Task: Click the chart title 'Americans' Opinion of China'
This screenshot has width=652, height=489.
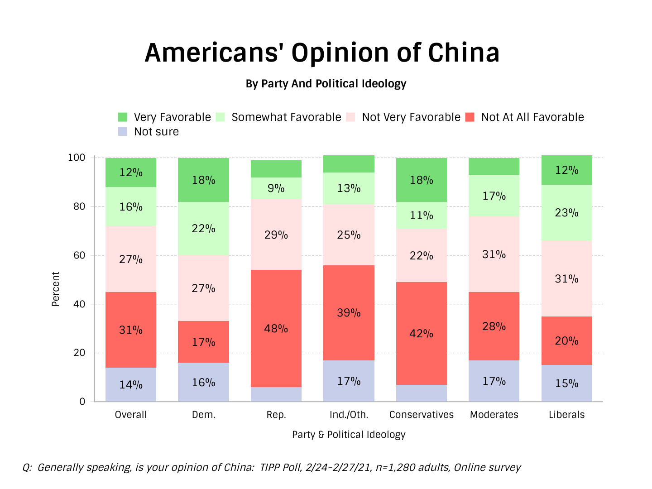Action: click(322, 53)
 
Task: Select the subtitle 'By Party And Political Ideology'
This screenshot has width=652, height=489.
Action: click(326, 84)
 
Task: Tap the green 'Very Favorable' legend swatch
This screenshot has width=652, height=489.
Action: click(123, 117)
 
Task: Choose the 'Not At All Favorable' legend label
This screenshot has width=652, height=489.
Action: click(532, 117)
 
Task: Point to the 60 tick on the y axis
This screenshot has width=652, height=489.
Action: click(79, 255)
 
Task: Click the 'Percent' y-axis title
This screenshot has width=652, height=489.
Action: click(56, 289)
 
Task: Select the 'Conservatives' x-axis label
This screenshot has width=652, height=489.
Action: click(421, 415)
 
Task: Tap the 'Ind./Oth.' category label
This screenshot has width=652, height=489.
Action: click(349, 415)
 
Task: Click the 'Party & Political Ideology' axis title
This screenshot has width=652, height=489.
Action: click(349, 435)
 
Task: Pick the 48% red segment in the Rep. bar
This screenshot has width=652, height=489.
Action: click(276, 328)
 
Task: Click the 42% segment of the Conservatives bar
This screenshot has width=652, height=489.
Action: click(421, 334)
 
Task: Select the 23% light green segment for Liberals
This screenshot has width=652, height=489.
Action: click(566, 213)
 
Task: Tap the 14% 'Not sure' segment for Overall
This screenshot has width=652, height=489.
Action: click(131, 385)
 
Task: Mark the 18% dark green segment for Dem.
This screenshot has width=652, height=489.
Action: click(203, 180)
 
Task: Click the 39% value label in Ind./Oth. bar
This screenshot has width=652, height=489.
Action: click(349, 313)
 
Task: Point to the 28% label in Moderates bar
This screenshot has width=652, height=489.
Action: click(494, 326)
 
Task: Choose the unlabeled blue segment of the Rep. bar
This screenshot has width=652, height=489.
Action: click(276, 394)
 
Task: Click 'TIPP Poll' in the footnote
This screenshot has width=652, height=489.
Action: click(280, 467)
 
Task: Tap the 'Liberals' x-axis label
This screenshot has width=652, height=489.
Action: click(566, 415)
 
